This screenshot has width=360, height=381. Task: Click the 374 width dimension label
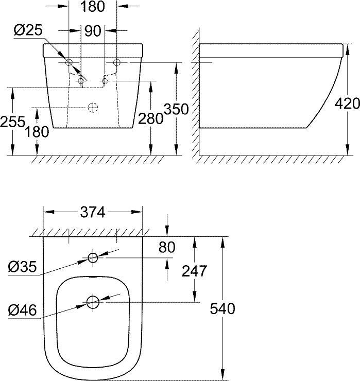[92, 212]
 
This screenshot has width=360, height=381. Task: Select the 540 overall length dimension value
[222, 308]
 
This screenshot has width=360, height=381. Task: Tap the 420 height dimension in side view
[347, 103]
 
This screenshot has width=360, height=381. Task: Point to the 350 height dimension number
[176, 109]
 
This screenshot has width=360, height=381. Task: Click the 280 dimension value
[151, 119]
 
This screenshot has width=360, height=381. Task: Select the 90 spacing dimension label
[93, 31]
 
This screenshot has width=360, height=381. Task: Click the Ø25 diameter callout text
[27, 30]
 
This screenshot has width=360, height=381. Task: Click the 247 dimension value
[194, 270]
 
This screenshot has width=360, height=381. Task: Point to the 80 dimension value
[166, 248]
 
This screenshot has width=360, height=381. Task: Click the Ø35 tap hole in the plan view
[93, 258]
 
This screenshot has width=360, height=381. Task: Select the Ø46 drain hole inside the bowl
[93, 302]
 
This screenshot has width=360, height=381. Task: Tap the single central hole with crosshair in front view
[93, 108]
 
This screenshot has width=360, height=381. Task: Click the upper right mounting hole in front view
[116, 62]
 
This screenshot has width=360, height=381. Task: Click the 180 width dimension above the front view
[93, 7]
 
